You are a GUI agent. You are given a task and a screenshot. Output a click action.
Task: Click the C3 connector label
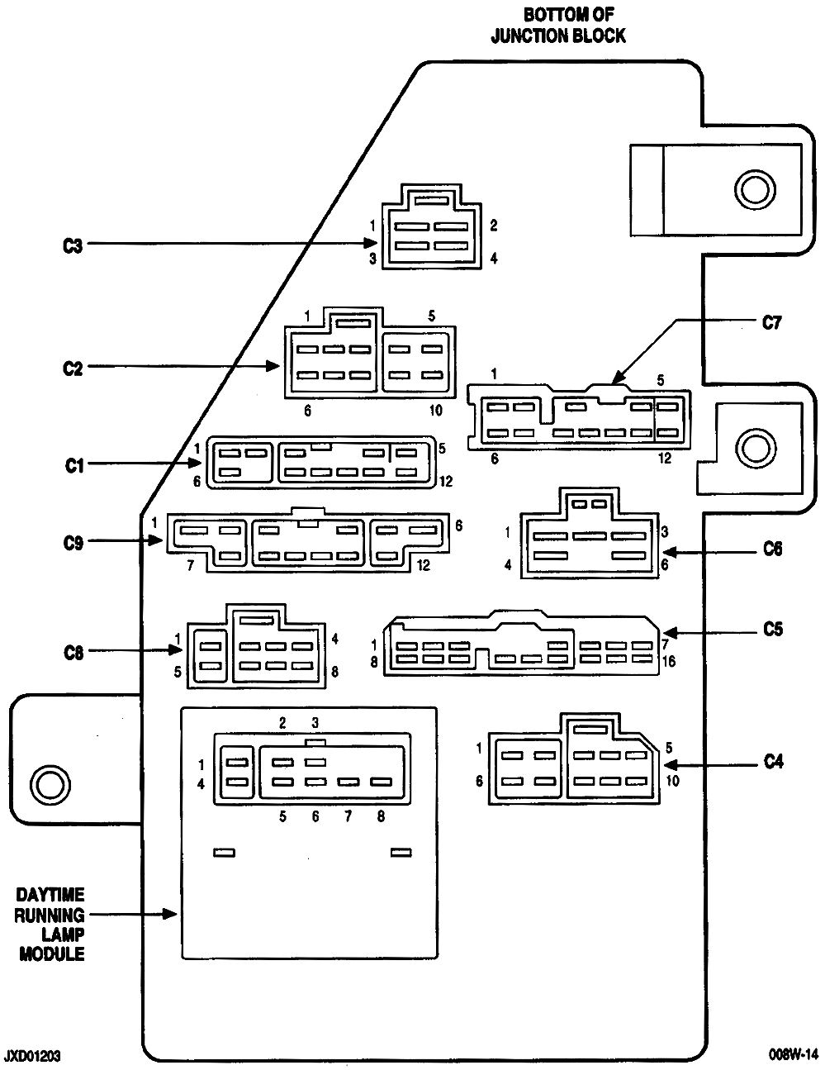point(73,245)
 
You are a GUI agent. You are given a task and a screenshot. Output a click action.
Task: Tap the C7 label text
point(770,322)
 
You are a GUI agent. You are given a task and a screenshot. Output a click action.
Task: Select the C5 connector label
point(772,629)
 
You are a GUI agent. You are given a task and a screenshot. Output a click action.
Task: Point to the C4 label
point(773,762)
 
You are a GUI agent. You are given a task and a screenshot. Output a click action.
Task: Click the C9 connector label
point(73,543)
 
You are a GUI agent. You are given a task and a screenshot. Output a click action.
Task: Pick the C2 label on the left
point(73,368)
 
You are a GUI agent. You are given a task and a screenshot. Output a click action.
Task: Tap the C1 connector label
point(74,465)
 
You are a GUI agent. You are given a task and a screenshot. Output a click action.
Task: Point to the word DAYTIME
point(50,894)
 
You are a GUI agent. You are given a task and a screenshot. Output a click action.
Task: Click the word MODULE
point(52,953)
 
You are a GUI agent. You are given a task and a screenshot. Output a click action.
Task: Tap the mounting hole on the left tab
point(50,783)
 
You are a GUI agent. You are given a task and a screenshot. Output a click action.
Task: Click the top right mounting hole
point(755,189)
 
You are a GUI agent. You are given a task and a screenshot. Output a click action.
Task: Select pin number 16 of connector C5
point(669,661)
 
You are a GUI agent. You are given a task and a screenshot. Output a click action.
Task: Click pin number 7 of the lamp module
point(348,816)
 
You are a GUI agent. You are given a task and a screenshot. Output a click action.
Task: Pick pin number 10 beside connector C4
point(672,781)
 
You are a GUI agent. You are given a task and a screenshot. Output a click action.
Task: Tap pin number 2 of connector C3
point(493,225)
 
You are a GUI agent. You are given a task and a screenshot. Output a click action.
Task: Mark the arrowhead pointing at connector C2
point(273,366)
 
